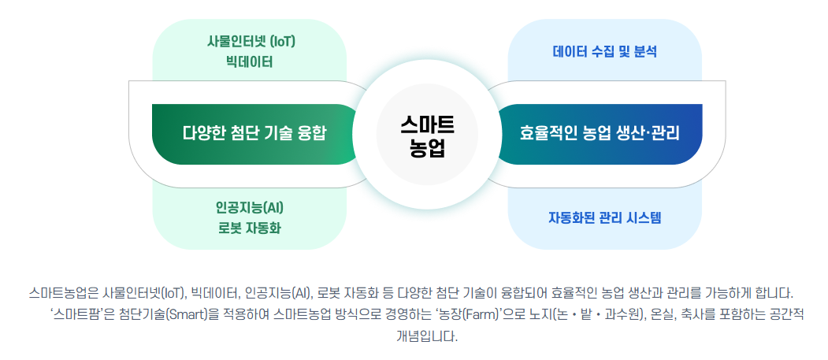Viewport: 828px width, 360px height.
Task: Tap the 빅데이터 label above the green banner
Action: [249, 61]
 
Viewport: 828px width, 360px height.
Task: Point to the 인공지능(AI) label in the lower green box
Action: [249, 208]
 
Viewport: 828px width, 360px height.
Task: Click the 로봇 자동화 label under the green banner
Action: [249, 228]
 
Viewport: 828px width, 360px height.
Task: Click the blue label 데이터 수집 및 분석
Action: [605, 52]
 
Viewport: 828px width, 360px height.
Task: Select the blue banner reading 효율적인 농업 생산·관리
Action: [600, 132]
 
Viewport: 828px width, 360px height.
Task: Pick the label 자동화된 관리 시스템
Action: [605, 217]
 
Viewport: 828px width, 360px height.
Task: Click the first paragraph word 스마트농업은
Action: [62, 294]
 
